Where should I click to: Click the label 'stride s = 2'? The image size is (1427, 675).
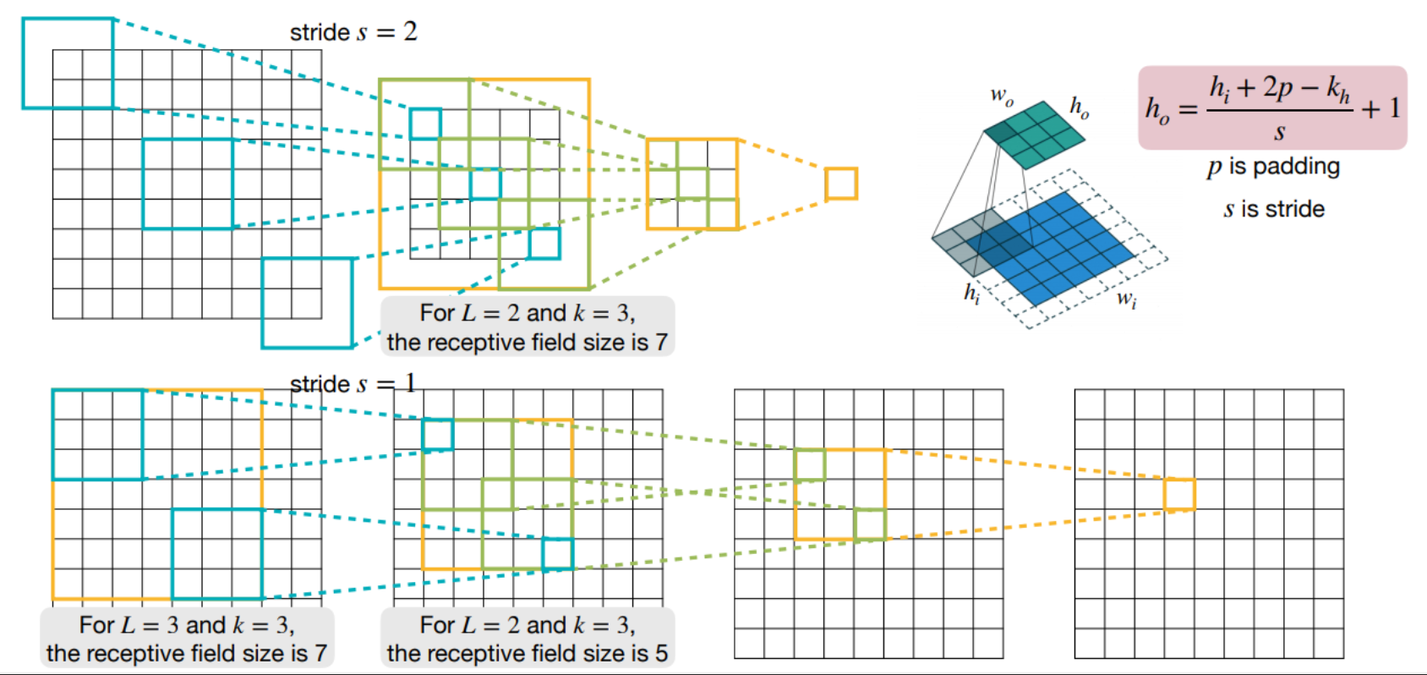pos(353,32)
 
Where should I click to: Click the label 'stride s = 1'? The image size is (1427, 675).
pos(353,384)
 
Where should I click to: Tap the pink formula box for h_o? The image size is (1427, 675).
pos(1271,107)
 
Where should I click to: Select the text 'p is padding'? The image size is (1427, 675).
pos(1273,167)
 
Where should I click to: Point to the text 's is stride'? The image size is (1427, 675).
pos(1274,209)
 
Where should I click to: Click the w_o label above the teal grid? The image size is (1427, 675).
pos(1002,96)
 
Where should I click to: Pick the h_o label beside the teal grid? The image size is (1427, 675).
pos(1079,107)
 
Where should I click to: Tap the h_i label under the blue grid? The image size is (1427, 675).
pos(971,293)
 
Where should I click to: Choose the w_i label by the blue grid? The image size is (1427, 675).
pos(1126,299)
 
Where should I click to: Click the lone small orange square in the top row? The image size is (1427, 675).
pos(841,184)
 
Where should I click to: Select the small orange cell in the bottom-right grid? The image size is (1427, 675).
pos(1179,495)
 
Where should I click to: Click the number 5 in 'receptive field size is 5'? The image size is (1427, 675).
pos(661,653)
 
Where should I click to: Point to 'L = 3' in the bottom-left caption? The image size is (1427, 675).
pos(150,625)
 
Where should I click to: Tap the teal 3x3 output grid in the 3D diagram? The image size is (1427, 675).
pos(1035,134)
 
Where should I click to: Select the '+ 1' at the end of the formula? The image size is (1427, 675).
pos(1381,108)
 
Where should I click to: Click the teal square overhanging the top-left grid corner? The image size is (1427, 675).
pos(68,63)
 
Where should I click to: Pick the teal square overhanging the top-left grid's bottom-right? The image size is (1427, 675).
pos(307,303)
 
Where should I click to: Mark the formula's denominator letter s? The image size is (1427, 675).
pos(1280,133)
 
